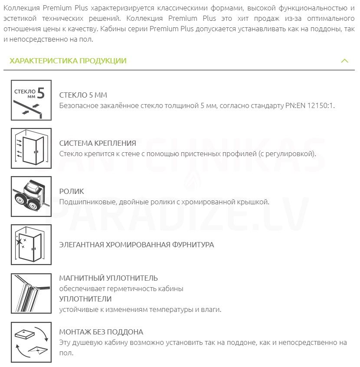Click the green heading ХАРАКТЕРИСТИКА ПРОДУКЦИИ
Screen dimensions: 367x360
coord(68,61)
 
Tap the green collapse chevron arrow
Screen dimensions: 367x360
coord(345,61)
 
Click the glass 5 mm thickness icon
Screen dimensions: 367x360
coord(31,100)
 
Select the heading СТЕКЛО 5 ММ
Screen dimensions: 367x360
coord(83,95)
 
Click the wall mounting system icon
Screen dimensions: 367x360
coord(31,148)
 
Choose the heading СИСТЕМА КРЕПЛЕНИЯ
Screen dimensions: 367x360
coord(98,143)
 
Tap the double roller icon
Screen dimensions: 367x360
coord(31,196)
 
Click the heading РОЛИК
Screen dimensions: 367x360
coord(72,191)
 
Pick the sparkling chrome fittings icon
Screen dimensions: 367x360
coord(31,244)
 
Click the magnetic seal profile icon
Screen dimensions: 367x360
coord(31,293)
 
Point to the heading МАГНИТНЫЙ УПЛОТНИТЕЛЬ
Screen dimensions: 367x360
coord(108,278)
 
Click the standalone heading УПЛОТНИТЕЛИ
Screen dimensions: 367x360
coord(85,299)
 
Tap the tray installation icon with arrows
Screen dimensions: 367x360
coord(31,342)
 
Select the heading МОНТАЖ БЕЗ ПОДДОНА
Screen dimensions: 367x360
coord(101,332)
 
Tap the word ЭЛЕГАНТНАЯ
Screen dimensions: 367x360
coord(82,245)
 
